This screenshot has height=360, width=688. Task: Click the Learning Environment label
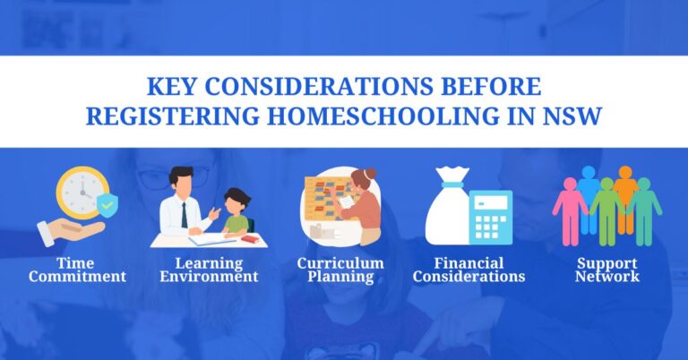(210, 270)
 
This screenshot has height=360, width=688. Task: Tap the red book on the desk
(250, 239)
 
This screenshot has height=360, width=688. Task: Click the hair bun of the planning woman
(371, 173)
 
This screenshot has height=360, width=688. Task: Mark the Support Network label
(608, 270)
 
